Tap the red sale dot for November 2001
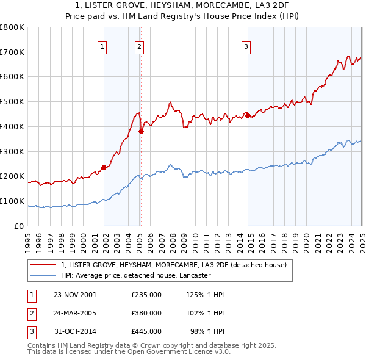(104, 167)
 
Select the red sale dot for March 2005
(141, 131)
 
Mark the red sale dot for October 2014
(248, 115)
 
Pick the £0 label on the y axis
(18, 226)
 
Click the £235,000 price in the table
(146, 295)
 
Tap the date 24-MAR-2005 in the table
(75, 313)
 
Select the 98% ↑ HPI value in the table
(210, 331)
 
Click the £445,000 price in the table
(146, 331)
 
